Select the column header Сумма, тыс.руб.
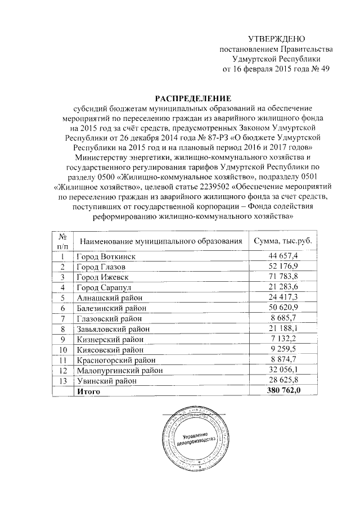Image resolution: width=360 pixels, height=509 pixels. [282, 241]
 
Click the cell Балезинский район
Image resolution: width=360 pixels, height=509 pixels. [112, 308]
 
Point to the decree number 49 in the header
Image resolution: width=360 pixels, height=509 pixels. [323, 70]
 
